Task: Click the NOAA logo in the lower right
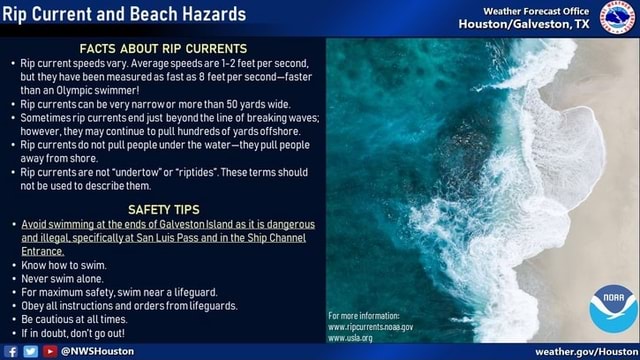(612, 309)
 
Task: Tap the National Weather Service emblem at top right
(617, 17)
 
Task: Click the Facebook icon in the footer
(11, 352)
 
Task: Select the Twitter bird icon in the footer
(30, 352)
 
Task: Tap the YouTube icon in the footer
(49, 352)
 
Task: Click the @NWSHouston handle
(97, 352)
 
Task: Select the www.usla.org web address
(350, 338)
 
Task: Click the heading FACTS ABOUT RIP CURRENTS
(163, 47)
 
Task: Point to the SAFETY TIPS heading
(163, 209)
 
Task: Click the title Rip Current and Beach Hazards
(123, 14)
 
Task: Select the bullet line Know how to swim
(64, 265)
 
